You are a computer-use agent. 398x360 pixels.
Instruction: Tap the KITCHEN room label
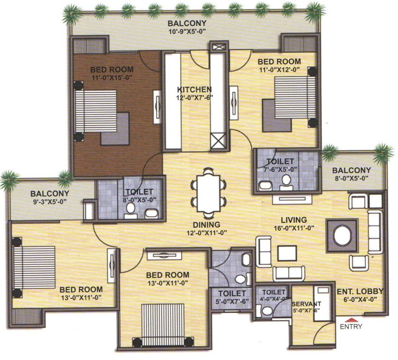(x=194, y=89)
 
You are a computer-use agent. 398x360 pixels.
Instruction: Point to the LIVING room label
(x=294, y=220)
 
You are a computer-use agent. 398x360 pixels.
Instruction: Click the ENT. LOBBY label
(x=360, y=291)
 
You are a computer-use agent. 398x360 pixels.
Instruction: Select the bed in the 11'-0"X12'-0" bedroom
(x=290, y=101)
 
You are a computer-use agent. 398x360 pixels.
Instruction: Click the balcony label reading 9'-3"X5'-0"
(x=50, y=197)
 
